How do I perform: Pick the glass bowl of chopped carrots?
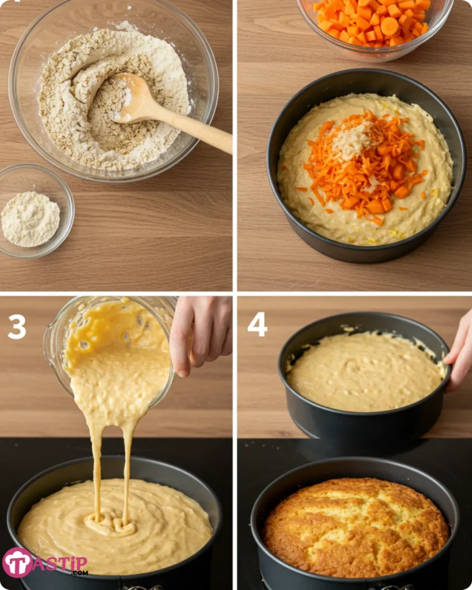(375, 26)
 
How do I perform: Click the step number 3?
(17, 327)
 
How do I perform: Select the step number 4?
(257, 325)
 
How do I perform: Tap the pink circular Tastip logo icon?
(18, 562)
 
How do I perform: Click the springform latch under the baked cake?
(394, 587)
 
